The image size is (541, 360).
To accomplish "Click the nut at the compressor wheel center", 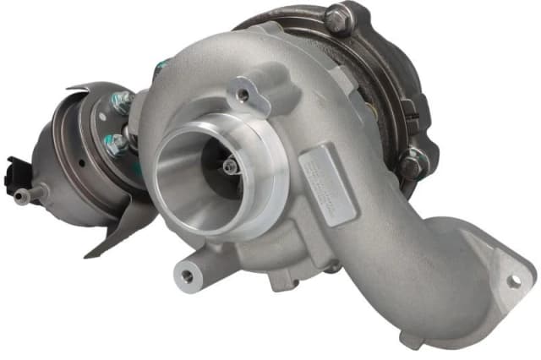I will pyautogui.click(x=230, y=168).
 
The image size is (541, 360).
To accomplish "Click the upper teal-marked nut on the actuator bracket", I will pyautogui.click(x=123, y=102).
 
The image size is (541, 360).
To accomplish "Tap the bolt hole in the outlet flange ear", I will pyautogui.click(x=512, y=281).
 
